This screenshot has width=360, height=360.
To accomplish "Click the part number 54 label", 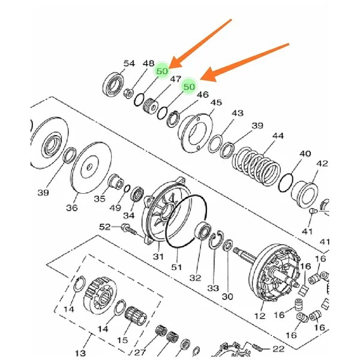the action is coord(129,64).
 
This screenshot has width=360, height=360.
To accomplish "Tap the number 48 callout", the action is coord(148,64).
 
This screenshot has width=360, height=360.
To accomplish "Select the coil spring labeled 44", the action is coord(256,166).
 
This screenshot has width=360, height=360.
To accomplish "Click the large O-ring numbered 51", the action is coord(187,221).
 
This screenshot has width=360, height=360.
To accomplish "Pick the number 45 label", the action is coord(216,103).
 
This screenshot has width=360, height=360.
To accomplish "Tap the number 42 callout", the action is coord(322,164).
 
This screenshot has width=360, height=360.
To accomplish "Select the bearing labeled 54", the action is coord(113,84).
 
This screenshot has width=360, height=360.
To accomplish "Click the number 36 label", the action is coord(72,208).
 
